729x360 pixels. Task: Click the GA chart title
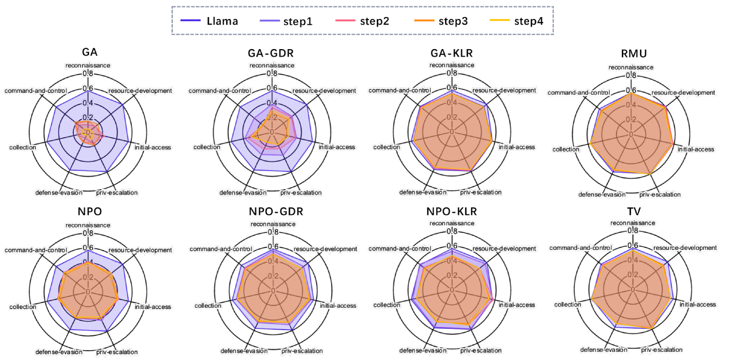coord(89,52)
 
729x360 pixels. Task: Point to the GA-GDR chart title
coord(271,53)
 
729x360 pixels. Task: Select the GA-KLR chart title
coord(451,53)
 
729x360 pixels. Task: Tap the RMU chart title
coord(634,53)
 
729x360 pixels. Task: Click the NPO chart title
coord(89,211)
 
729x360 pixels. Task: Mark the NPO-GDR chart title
coord(276,211)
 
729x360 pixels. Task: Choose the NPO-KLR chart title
coord(451,211)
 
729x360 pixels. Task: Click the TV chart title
coord(634,211)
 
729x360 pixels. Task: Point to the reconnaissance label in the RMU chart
coord(631,67)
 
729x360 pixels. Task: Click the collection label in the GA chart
coord(23,147)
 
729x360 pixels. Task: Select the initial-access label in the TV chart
coord(697,304)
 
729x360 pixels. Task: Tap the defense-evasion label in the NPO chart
coord(59,352)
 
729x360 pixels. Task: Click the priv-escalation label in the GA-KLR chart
coord(481,192)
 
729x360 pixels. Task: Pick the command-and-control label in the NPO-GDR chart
coord(221,249)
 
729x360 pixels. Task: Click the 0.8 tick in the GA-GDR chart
coord(272,73)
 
